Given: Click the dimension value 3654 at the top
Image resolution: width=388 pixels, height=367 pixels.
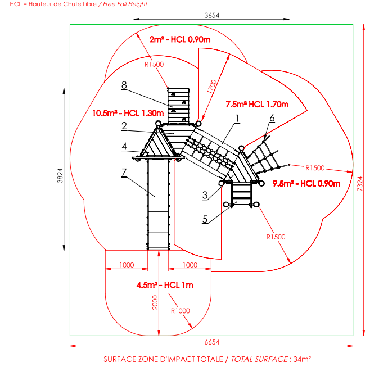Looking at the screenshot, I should click(x=211, y=15).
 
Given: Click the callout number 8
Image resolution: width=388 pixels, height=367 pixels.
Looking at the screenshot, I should click(x=124, y=85).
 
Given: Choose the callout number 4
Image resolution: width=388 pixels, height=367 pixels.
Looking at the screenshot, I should click(x=123, y=147).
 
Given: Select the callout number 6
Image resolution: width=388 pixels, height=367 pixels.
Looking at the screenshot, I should click(x=272, y=117).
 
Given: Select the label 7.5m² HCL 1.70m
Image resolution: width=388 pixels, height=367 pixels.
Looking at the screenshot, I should click(x=256, y=105).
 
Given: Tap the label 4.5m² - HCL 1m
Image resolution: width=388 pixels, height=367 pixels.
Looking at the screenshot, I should click(x=164, y=285).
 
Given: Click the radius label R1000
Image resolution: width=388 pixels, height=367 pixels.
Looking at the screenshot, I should click(x=181, y=310).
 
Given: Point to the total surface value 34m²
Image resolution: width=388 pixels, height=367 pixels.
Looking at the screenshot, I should click(x=303, y=358).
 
